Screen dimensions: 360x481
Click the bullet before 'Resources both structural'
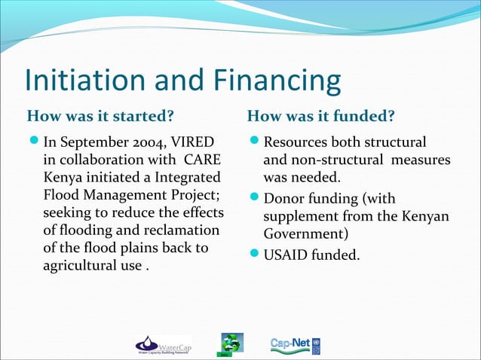pyautogui.click(x=254, y=143)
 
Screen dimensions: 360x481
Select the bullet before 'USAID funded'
pyautogui.click(x=254, y=256)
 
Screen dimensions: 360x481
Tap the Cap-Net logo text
pyautogui.click(x=288, y=344)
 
